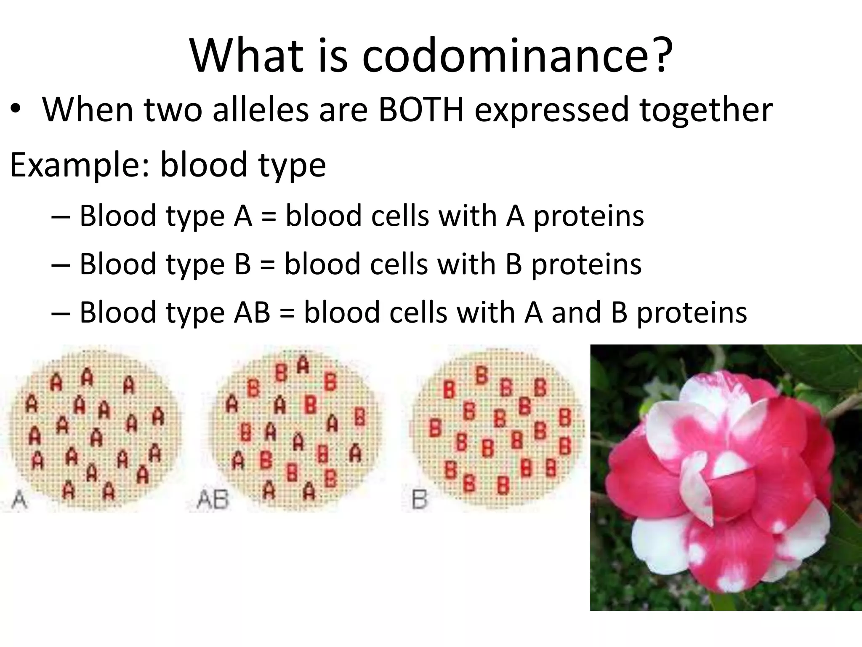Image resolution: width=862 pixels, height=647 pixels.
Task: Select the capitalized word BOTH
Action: coord(421,110)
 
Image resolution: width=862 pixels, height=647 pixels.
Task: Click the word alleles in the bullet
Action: coord(261,110)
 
